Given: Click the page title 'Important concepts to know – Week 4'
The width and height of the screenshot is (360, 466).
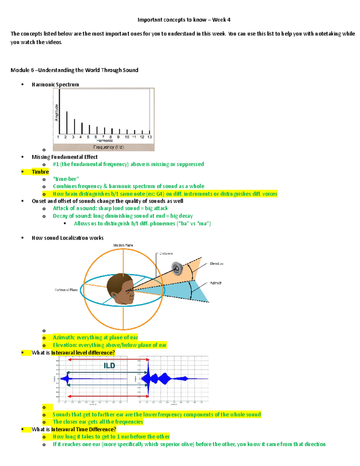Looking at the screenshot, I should pyautogui.click(x=184, y=20).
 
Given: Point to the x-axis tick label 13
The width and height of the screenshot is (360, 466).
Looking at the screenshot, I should pyautogui.click(x=149, y=137).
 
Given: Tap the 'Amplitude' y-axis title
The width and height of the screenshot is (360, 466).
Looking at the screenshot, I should pyautogui.click(x=56, y=113).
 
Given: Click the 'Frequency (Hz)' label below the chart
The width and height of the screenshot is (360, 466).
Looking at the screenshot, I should pyautogui.click(x=108, y=147).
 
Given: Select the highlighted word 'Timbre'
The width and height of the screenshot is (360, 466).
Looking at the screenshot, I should pyautogui.click(x=40, y=172).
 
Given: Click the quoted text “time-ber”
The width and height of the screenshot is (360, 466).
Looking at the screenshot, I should pyautogui.click(x=66, y=179).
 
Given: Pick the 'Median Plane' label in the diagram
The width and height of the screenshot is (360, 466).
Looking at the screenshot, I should pyautogui.click(x=123, y=245).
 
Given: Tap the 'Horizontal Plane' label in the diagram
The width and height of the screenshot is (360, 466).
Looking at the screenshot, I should pyautogui.click(x=66, y=290).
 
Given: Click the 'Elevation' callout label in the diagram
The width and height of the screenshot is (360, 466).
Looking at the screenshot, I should pyautogui.click(x=216, y=263).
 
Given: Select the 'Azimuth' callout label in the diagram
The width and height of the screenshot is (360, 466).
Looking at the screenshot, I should pyautogui.click(x=215, y=283).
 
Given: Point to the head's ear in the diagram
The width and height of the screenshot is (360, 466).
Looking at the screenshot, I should pyautogui.click(x=114, y=295).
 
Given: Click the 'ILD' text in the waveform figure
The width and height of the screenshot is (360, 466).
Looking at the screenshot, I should pyautogui.click(x=109, y=365).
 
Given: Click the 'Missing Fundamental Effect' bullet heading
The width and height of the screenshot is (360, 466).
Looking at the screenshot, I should pyautogui.click(x=64, y=157).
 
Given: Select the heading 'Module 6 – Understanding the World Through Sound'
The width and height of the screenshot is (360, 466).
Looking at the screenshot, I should pyautogui.click(x=74, y=70).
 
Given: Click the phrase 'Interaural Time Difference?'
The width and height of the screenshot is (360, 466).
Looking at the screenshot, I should pyautogui.click(x=83, y=429).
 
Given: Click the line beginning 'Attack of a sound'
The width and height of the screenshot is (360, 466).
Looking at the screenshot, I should pyautogui.click(x=110, y=208).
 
